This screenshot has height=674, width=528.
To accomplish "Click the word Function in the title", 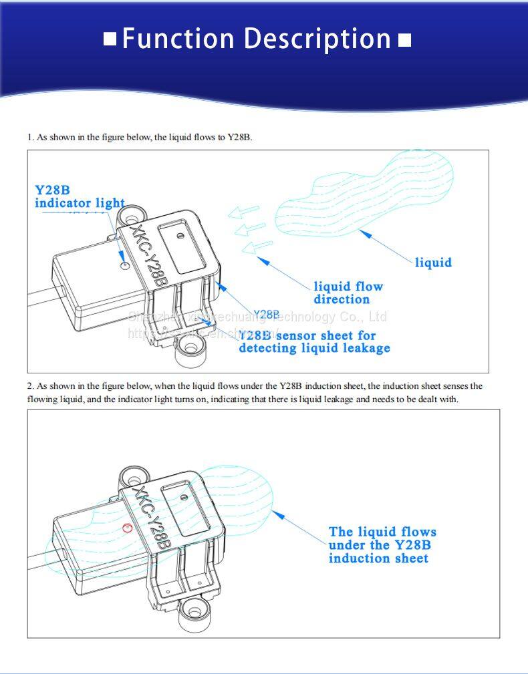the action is (178, 39).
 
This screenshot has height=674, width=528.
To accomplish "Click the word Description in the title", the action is (317, 39).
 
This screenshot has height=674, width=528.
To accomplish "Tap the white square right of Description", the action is (404, 40).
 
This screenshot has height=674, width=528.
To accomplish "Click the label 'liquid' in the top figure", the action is (433, 263).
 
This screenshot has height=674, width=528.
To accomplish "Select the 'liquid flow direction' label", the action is (348, 293).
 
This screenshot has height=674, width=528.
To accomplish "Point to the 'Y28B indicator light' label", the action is (80, 196).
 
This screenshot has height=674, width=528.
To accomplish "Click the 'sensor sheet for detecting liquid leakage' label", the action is (314, 341).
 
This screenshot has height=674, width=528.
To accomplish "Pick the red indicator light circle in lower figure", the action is (128, 528).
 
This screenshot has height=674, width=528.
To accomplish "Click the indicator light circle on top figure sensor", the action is (123, 265).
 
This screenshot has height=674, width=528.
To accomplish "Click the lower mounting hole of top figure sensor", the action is (190, 347).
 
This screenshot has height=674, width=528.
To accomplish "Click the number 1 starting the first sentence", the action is (29, 137).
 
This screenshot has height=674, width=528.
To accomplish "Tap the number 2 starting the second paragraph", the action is (30, 386).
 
